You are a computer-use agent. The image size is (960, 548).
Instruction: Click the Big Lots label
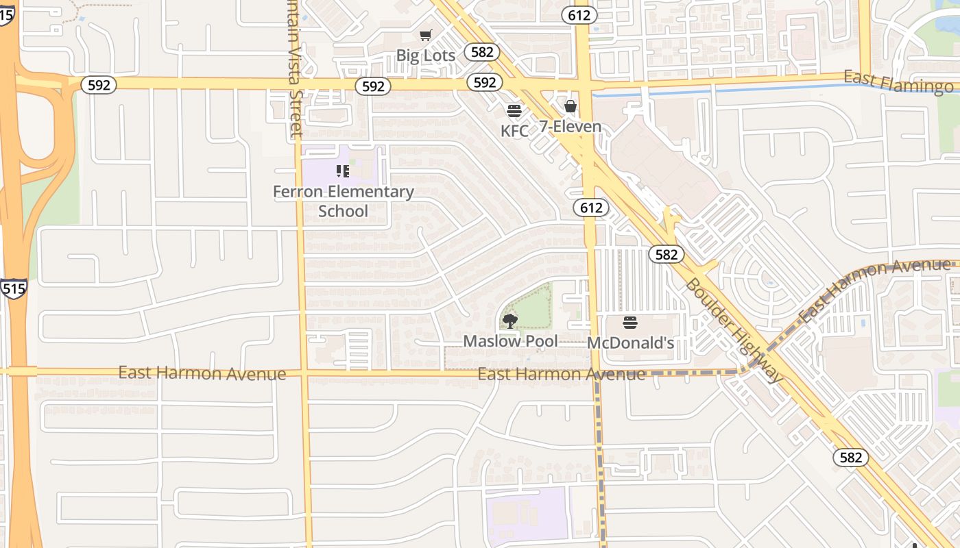(x=426, y=55)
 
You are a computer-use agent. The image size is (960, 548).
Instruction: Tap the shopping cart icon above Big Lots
(x=426, y=35)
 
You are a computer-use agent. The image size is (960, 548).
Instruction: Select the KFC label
(x=514, y=130)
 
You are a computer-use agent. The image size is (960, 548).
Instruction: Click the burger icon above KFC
(x=514, y=110)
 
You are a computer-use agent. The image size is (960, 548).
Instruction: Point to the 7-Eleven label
(x=570, y=127)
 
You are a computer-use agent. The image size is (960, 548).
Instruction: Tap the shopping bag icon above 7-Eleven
(x=570, y=106)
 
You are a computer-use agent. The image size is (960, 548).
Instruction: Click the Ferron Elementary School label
(x=343, y=201)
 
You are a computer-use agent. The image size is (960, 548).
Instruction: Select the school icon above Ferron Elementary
(x=343, y=171)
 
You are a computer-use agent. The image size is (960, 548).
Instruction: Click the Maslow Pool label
(x=510, y=340)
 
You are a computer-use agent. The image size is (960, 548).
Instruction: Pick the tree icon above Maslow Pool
(x=509, y=320)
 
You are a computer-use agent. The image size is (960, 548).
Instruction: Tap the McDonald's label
(x=631, y=343)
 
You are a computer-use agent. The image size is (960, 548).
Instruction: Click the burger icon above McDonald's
(x=630, y=323)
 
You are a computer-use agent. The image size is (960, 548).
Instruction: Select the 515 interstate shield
(x=13, y=288)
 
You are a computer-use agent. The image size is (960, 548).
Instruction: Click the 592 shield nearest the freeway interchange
(x=99, y=85)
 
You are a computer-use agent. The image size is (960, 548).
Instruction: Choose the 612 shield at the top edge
(x=579, y=14)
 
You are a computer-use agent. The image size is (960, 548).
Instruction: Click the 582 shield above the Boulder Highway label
(x=665, y=255)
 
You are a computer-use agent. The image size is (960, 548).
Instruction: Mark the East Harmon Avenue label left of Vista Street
(x=202, y=373)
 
